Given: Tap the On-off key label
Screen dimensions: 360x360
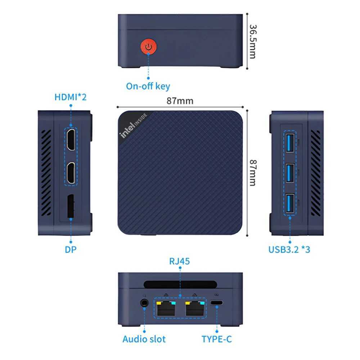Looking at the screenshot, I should point(148,86).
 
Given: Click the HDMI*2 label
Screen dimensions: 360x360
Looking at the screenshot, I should point(71,97).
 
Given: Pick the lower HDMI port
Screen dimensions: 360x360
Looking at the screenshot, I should point(71,172).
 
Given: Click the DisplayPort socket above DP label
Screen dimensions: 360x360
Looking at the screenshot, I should point(71,207).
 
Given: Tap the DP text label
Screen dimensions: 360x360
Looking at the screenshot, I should point(71,249).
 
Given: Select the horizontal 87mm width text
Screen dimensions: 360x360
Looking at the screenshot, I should point(180,101).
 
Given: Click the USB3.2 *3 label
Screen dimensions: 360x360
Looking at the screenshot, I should point(289,249).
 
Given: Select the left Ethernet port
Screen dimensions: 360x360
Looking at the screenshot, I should point(166,309).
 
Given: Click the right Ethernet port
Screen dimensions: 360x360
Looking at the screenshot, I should point(194,309).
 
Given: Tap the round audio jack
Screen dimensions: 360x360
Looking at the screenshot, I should point(145,303).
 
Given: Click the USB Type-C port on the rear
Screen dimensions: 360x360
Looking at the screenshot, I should point(217,303).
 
